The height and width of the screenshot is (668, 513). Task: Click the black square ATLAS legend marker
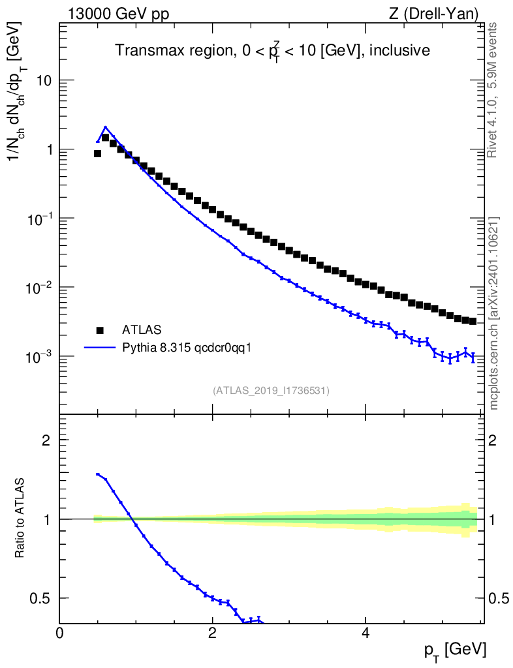point(100,330)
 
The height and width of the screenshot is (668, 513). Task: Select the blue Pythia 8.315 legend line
point(100,348)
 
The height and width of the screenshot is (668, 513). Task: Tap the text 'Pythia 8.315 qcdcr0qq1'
point(187,348)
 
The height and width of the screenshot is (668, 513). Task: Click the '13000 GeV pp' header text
point(118,14)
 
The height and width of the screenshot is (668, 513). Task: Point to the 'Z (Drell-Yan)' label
point(433,14)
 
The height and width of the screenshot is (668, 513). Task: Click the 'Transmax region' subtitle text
point(173,50)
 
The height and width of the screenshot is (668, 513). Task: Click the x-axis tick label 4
point(365,632)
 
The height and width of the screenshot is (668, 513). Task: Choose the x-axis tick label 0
point(59,632)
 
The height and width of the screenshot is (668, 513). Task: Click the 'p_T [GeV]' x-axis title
point(455,650)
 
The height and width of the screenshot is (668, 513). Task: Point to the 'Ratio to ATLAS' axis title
point(19,518)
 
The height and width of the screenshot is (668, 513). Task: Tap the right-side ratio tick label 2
point(492,440)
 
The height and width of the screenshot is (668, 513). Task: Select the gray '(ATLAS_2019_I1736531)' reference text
point(271,390)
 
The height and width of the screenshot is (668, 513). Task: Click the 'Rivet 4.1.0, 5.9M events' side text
point(492,90)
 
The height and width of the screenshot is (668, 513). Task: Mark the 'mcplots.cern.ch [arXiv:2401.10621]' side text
point(493,314)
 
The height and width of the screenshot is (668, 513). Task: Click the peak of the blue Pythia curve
point(105,127)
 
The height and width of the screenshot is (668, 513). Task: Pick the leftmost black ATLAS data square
point(97,153)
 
